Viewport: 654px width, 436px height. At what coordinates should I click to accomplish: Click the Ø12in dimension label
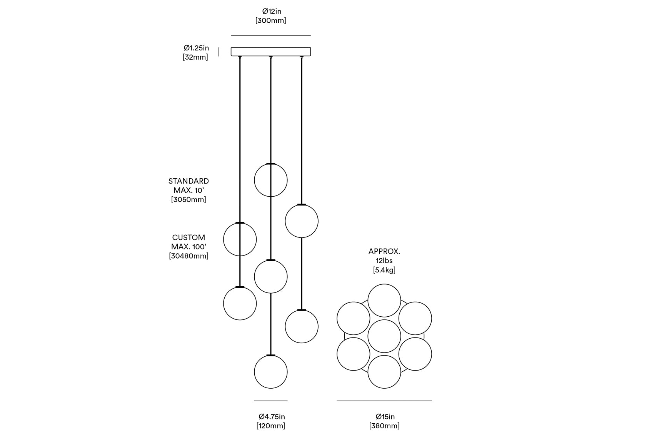(x=272, y=12)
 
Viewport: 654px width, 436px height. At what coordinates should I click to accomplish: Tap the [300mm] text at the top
(x=271, y=21)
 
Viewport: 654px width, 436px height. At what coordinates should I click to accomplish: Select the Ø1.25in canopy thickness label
(x=196, y=48)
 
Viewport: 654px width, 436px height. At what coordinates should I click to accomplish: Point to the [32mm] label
(x=195, y=57)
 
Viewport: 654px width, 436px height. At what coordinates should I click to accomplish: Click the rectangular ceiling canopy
(x=271, y=52)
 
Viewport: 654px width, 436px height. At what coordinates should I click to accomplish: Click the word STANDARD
(x=189, y=181)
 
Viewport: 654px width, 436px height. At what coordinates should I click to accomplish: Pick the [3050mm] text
(x=189, y=200)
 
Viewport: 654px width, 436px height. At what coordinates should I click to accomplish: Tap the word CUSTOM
(x=189, y=237)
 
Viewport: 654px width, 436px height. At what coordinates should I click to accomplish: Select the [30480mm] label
(x=189, y=256)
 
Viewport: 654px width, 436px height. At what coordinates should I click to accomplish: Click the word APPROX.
(x=384, y=252)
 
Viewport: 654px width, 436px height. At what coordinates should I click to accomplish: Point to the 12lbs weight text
(x=384, y=261)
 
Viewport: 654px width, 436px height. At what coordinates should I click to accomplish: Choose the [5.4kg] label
(x=384, y=270)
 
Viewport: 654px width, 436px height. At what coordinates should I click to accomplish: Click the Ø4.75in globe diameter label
(x=272, y=417)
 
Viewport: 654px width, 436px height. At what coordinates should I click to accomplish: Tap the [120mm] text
(x=271, y=426)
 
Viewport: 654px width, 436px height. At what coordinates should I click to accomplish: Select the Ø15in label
(x=385, y=417)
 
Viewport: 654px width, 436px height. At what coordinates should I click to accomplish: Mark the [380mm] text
(x=384, y=426)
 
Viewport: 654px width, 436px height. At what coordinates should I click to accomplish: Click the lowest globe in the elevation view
(x=271, y=372)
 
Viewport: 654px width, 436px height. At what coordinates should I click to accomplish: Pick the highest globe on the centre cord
(x=271, y=180)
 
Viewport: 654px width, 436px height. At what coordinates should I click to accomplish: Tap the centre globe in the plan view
(x=384, y=336)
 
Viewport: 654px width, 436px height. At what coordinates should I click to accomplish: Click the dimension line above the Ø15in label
(x=384, y=401)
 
